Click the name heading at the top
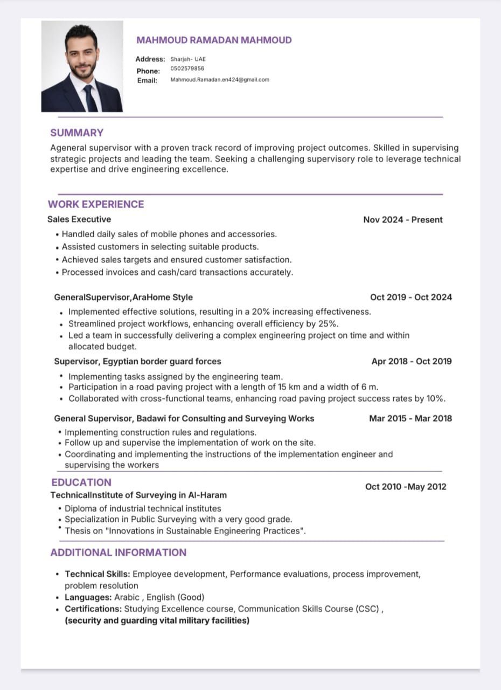point(214,40)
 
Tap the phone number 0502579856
point(187,68)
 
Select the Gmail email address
point(220,80)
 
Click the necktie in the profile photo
point(89,97)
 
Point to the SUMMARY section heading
point(76,133)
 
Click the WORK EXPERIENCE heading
point(96,204)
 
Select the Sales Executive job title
point(79,219)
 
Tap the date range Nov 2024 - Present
point(402,219)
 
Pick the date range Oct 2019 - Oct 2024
point(411,297)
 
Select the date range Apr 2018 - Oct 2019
point(412,361)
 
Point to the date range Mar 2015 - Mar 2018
point(410,418)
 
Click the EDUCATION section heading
point(81,482)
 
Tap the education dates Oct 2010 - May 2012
point(406,487)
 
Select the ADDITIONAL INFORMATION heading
point(118,553)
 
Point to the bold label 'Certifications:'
point(93,609)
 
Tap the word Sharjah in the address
point(180,59)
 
